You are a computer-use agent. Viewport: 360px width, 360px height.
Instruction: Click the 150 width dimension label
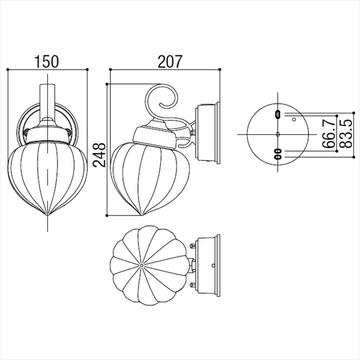47,62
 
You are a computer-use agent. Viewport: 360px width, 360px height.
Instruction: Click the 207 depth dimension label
170,62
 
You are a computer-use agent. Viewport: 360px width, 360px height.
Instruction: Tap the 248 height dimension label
100,155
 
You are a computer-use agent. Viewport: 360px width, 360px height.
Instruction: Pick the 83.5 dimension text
346,134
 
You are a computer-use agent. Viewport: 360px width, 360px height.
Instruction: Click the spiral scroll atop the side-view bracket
162,97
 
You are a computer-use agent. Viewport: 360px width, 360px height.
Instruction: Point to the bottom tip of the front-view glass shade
47,215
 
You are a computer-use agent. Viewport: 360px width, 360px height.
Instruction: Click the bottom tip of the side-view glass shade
141,215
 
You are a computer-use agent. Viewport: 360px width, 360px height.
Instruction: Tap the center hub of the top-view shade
142,265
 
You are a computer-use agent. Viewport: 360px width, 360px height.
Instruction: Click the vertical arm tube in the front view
47,102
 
